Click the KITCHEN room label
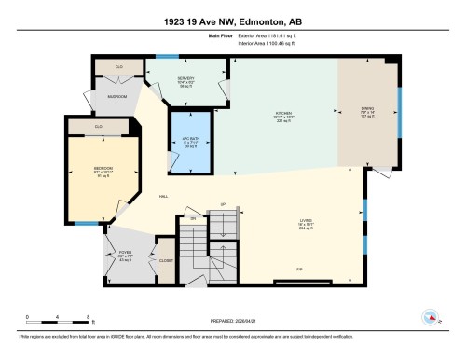coord(284,114)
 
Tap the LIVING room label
coord(306,222)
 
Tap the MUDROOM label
coord(117,95)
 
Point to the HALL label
coord(164,197)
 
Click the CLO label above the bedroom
coord(99,125)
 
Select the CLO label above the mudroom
coord(119,67)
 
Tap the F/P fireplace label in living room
coord(300,270)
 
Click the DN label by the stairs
coord(193,219)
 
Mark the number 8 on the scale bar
coord(87,318)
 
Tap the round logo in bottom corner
coord(431,316)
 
